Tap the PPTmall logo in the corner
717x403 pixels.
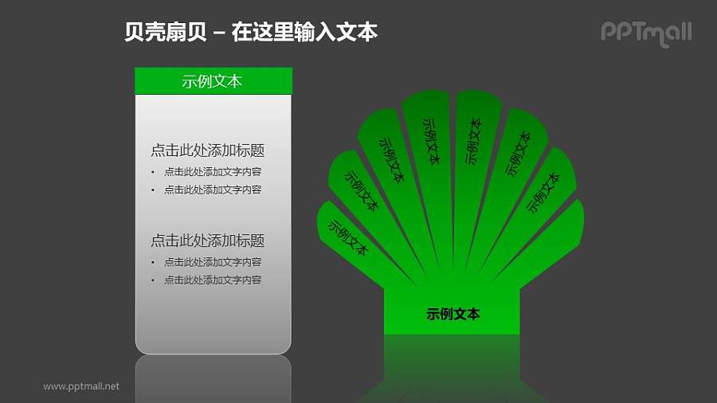(645, 33)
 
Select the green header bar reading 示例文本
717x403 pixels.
(213, 81)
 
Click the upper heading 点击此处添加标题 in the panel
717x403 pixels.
(207, 151)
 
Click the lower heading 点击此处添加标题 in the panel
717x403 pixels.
(207, 241)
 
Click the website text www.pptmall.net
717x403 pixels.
(81, 386)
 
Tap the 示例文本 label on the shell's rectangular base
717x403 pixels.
(453, 315)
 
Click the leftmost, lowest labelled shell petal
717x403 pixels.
(347, 237)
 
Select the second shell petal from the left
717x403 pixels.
(361, 191)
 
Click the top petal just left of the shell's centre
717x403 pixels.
(430, 141)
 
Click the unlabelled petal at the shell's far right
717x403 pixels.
(558, 239)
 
